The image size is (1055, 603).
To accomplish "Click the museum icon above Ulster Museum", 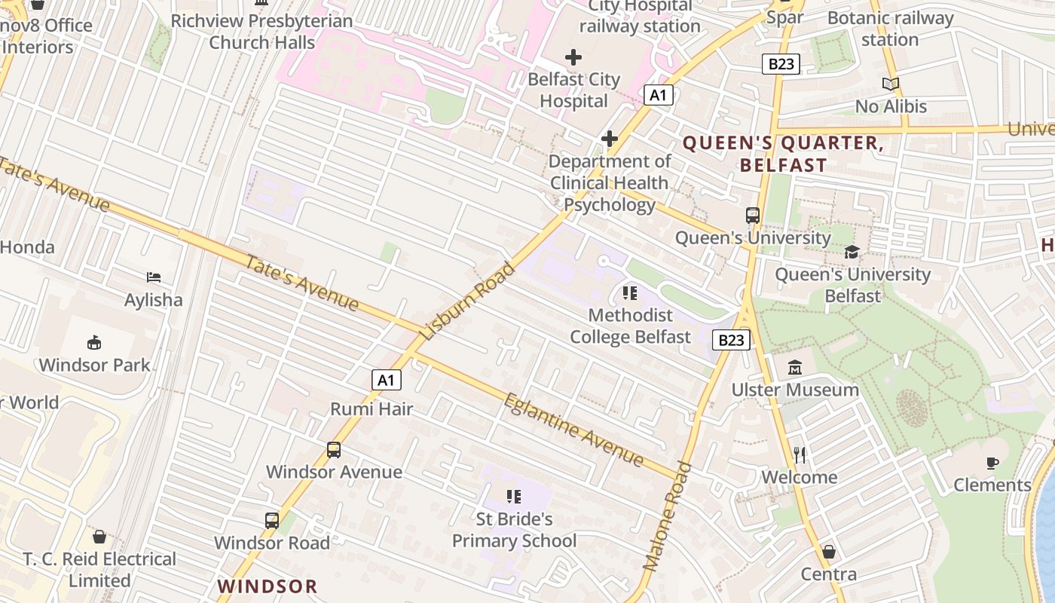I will pyautogui.click(x=795, y=368).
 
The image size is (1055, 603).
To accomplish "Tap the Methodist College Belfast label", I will pyautogui.click(x=630, y=326).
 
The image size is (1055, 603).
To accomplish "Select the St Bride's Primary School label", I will pyautogui.click(x=514, y=530).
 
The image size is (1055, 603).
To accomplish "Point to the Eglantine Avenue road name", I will pyautogui.click(x=573, y=430).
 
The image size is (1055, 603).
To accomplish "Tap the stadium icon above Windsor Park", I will pyautogui.click(x=94, y=343).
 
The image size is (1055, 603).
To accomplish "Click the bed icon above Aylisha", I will pyautogui.click(x=154, y=277).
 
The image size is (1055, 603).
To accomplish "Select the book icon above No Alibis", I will pyautogui.click(x=891, y=84).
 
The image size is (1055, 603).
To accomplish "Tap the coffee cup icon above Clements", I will pyautogui.click(x=992, y=463).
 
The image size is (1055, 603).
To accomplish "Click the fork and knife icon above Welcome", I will pyautogui.click(x=800, y=455).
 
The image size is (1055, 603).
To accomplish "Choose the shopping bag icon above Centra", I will pyautogui.click(x=828, y=552).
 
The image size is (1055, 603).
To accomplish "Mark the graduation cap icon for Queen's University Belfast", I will pyautogui.click(x=852, y=252).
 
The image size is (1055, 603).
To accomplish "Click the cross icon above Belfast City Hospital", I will pyautogui.click(x=573, y=57).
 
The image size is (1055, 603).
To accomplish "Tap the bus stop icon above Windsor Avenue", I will pyautogui.click(x=334, y=450).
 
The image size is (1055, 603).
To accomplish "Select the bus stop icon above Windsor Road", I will pyautogui.click(x=272, y=520).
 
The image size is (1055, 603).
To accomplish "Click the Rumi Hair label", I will pyautogui.click(x=372, y=409).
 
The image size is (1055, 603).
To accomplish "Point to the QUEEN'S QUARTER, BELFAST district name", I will pyautogui.click(x=783, y=154).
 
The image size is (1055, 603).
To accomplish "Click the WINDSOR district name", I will pyautogui.click(x=268, y=586).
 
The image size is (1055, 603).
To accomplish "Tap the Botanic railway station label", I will pyautogui.click(x=890, y=29).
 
